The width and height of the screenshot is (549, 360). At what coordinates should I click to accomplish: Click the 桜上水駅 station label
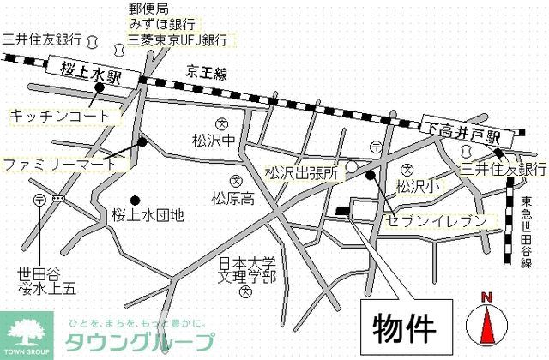[91, 69]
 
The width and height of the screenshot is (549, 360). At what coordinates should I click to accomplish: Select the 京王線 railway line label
[207, 75]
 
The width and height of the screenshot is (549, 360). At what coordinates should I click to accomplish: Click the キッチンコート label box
[60, 115]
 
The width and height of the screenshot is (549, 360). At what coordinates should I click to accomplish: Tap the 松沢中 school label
[214, 140]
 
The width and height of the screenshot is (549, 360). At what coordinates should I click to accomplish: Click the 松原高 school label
[233, 199]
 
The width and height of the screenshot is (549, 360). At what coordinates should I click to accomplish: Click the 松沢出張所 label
[302, 172]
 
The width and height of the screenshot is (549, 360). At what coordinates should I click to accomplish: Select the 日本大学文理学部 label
[246, 270]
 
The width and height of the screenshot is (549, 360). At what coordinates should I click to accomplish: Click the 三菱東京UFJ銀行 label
[178, 39]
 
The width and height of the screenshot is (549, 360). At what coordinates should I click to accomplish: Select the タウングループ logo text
[142, 341]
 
